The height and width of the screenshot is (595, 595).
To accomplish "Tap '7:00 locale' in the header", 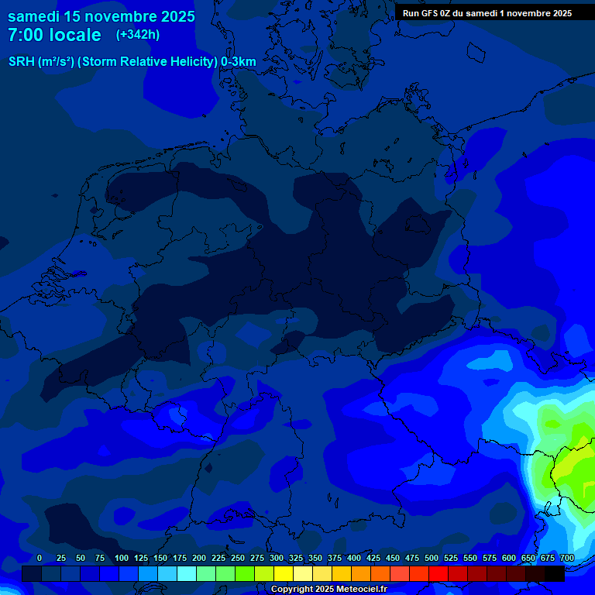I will click(x=54, y=35).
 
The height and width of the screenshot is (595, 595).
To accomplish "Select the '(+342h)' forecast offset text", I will click(x=138, y=35).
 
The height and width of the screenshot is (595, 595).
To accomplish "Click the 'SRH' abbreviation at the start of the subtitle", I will click(x=22, y=62).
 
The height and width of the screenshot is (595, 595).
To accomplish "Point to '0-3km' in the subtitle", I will click(x=239, y=62).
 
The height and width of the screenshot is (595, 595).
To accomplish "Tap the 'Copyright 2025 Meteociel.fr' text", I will click(x=328, y=590).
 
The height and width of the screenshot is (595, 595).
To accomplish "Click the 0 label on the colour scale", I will click(x=40, y=559).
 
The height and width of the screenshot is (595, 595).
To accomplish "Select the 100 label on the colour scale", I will click(x=122, y=559).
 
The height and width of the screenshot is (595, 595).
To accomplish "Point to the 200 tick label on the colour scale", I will click(x=199, y=559).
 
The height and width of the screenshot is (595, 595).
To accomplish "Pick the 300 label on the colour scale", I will click(x=277, y=559).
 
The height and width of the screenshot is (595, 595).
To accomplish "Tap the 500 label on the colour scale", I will click(x=432, y=559).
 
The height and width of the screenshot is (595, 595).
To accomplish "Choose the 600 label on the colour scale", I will click(x=509, y=559).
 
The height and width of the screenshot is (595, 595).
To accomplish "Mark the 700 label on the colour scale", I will click(x=567, y=559).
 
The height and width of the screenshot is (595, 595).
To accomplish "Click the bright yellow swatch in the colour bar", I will click(x=284, y=573).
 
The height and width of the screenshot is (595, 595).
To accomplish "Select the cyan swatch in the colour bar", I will click(x=187, y=573).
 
